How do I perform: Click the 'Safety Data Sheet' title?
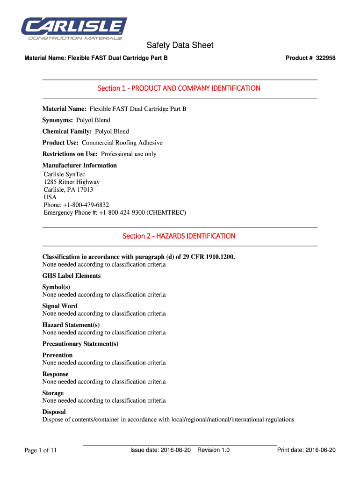coord(180,45)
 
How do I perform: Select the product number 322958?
coord(326,58)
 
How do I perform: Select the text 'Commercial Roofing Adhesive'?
coord(122,143)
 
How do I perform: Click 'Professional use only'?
coord(129,154)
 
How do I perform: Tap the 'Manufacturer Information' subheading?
coord(79,165)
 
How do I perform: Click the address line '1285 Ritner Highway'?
coord(72,182)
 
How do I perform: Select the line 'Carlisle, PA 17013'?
coord(68,189)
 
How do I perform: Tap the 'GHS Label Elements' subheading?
coord(72,276)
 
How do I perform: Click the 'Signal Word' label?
coord(60,306)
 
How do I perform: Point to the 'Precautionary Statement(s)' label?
coord(80,344)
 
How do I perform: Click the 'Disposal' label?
coord(54,412)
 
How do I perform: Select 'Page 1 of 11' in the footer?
coord(41,450)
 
